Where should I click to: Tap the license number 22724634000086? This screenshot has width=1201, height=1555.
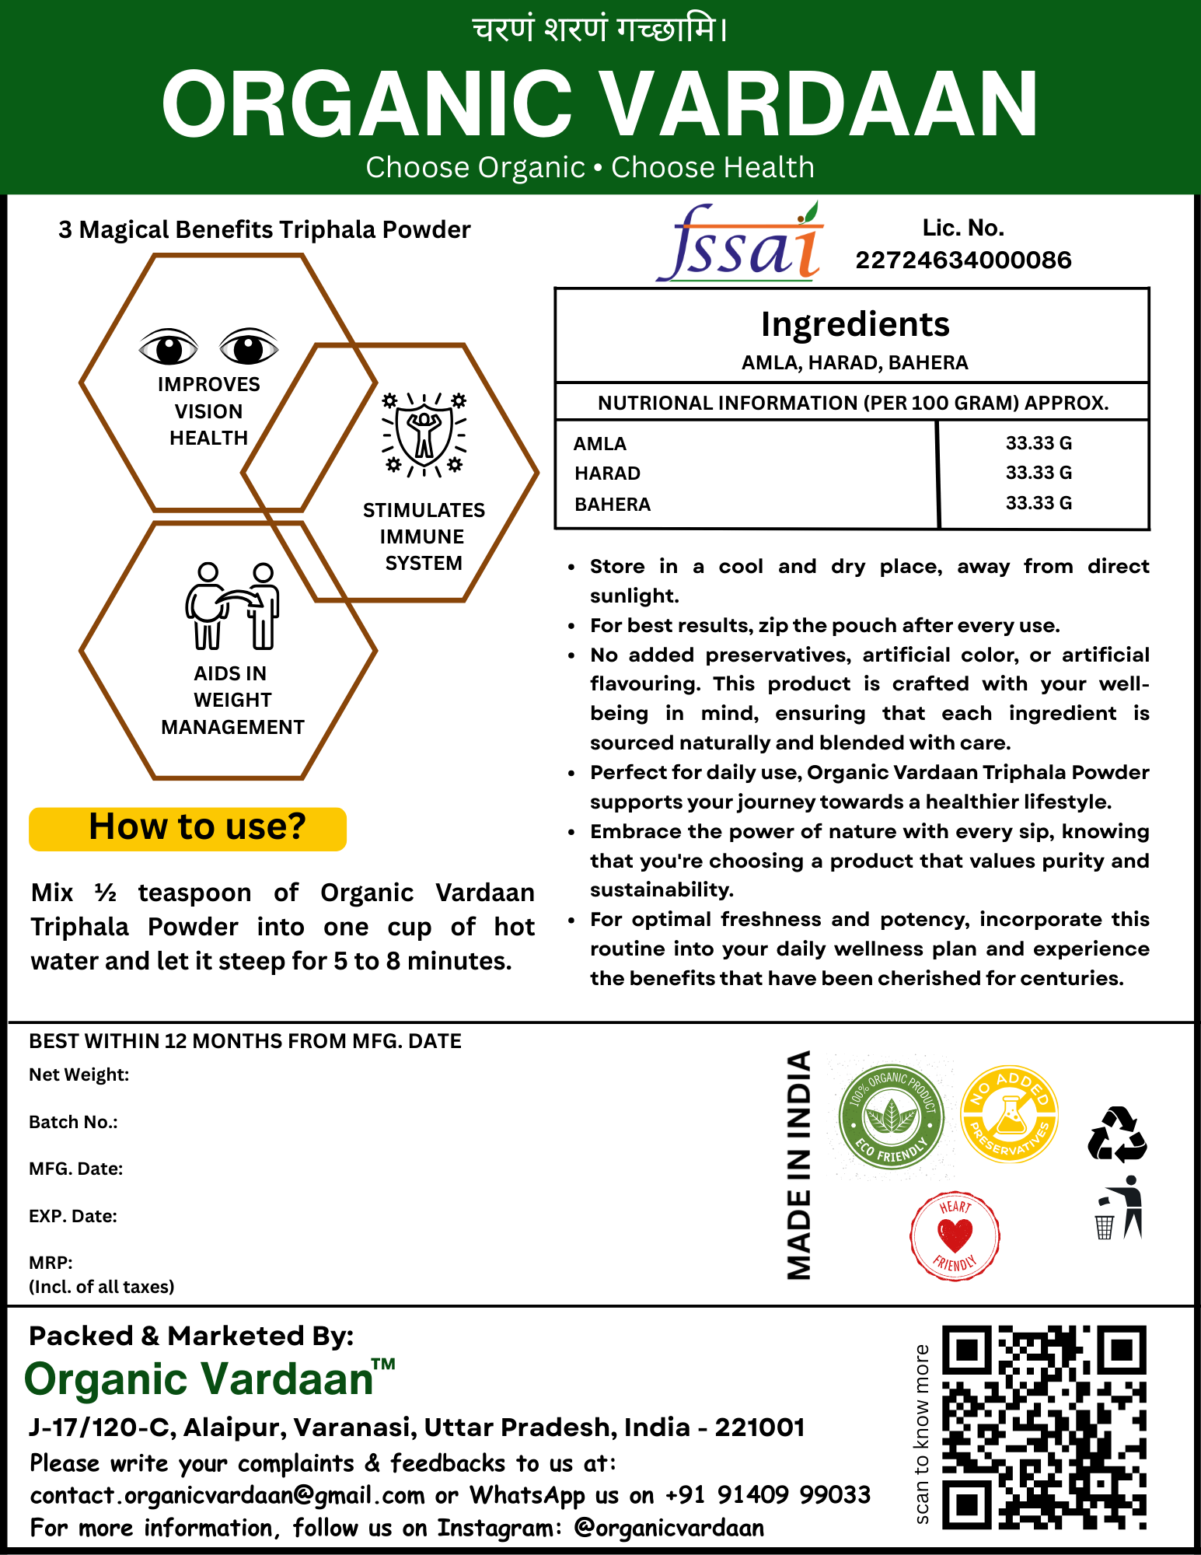coord(963,260)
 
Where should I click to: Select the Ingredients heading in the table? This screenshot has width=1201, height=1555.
coord(855,324)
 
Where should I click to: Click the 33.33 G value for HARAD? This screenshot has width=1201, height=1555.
coord(1039,473)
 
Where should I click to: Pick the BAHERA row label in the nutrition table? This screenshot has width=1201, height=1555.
coord(613,505)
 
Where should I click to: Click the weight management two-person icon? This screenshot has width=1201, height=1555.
coord(232,606)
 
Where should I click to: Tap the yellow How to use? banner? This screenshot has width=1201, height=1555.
coord(188,828)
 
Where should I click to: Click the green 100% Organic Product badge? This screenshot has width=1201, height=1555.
coord(891,1117)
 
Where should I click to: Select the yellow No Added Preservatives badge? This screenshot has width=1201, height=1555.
coord(1010,1114)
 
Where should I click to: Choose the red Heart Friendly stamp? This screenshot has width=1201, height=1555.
coord(955,1235)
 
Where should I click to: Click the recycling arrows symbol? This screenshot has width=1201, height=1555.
coord(1117,1135)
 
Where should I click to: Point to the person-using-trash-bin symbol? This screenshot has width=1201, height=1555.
coord(1119,1208)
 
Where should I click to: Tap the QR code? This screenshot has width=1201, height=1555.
coord(1044,1427)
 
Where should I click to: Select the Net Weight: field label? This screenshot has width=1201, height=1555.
coord(79,1075)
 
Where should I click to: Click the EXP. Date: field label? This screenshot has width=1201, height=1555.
coord(73,1216)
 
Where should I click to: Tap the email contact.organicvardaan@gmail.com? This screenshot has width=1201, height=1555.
coord(228,1495)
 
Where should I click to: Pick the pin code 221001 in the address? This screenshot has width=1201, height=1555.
coord(759,1427)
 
